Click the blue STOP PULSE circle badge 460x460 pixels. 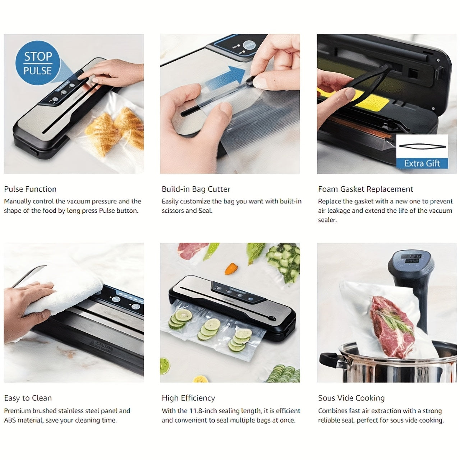(x=38, y=63)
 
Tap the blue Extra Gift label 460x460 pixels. (x=422, y=164)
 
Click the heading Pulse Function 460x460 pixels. (x=30, y=189)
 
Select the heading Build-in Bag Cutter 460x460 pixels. (x=196, y=189)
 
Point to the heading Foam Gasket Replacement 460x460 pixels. (x=365, y=189)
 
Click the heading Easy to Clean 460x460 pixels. (x=28, y=398)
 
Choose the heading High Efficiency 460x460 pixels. (x=188, y=398)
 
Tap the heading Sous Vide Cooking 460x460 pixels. (x=351, y=398)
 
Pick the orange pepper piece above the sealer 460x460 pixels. (x=231, y=268)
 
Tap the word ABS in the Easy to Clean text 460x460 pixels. (x=10, y=420)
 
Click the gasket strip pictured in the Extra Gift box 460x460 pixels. (x=422, y=146)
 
